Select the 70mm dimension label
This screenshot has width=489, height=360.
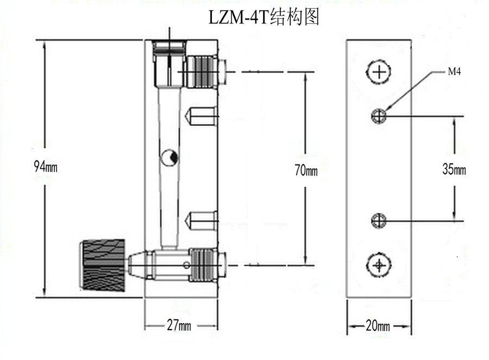[x=306, y=170]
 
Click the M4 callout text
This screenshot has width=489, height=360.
[x=454, y=71]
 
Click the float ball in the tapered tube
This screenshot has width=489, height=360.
[x=168, y=157]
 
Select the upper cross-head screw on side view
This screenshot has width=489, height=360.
[x=379, y=72]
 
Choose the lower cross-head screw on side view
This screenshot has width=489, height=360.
[x=379, y=265]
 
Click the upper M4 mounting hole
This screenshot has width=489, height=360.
[x=379, y=115]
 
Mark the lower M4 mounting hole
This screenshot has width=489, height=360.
[x=379, y=220]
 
